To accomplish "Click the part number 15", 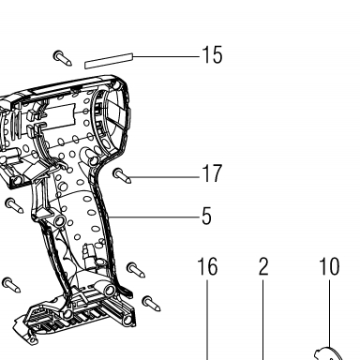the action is pyautogui.click(x=213, y=55).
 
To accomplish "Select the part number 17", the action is pyautogui.click(x=212, y=173).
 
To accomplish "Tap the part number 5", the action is pyautogui.click(x=206, y=216).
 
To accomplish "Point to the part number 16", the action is pyautogui.click(x=207, y=266).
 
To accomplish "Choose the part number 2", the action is pyautogui.click(x=263, y=266).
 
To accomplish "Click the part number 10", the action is pyautogui.click(x=329, y=266).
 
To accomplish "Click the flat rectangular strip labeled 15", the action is pyautogui.click(x=109, y=61).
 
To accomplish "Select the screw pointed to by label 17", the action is pyautogui.click(x=122, y=175).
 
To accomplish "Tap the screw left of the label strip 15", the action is pyautogui.click(x=63, y=58).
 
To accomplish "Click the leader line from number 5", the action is pyautogui.click(x=154, y=217).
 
